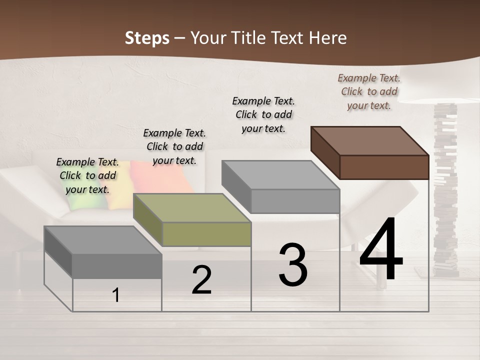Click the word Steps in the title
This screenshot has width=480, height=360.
147,38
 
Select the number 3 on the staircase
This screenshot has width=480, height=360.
293,265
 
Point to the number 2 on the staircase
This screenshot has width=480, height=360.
201,280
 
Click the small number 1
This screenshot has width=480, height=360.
116,295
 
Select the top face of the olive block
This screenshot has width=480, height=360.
192,207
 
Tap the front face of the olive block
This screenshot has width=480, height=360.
207,234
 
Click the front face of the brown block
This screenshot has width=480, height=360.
384,167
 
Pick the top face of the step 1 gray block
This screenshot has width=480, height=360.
103,239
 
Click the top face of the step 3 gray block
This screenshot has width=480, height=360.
280,175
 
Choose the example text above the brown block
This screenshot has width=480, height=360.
369,91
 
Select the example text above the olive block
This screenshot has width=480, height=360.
174,146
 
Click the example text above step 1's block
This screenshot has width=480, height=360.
87,175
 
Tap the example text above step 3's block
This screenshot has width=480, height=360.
263,114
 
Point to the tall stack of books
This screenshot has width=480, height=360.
445,190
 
